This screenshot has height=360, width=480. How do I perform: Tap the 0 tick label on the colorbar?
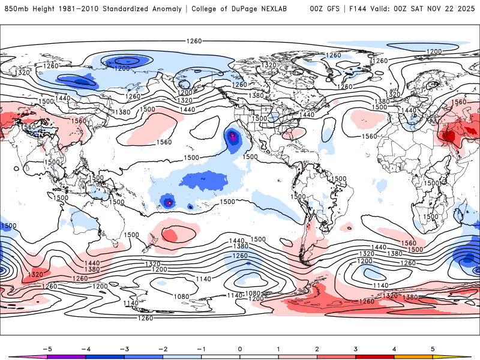pyautogui.click(x=240, y=348)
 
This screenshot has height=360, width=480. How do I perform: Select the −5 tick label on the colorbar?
pyautogui.click(x=47, y=348)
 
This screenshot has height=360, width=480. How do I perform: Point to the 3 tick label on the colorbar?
pyautogui.click(x=356, y=348)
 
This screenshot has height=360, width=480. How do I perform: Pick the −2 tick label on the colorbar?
pyautogui.click(x=163, y=348)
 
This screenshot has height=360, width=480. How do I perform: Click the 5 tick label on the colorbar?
pyautogui.click(x=433, y=348)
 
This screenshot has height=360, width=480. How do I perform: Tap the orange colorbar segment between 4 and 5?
pyautogui.click(x=413, y=356)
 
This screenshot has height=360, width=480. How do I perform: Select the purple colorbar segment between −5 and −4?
pyautogui.click(x=67, y=356)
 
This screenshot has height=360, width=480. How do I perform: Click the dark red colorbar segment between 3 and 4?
pyautogui.click(x=374, y=356)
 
